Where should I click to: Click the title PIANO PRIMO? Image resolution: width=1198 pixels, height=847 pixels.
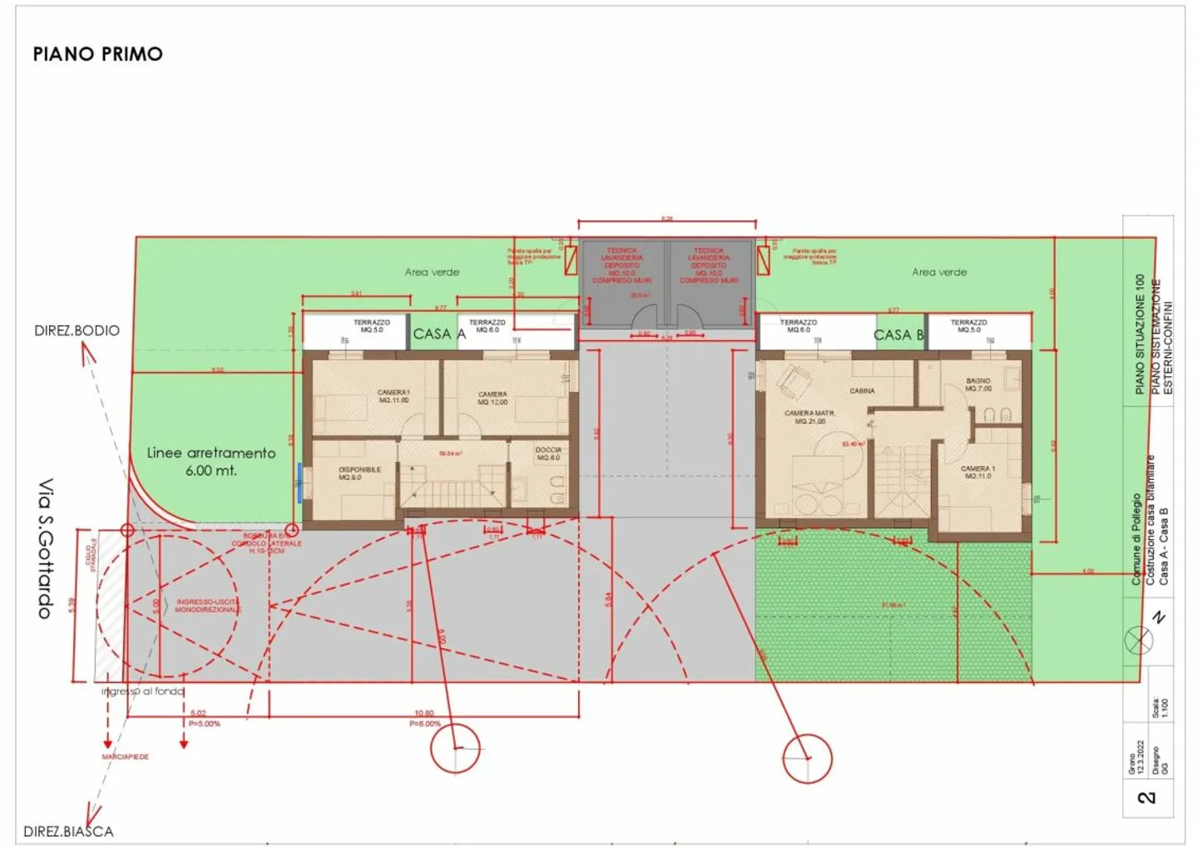click(97, 54)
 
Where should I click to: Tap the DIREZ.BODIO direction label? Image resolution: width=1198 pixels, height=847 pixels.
click(77, 330)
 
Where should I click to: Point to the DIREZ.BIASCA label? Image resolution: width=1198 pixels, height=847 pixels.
click(68, 830)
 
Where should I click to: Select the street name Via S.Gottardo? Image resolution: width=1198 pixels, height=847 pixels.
click(46, 547)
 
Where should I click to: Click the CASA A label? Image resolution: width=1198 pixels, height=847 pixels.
click(438, 334)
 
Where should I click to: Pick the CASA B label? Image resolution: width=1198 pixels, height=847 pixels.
click(898, 334)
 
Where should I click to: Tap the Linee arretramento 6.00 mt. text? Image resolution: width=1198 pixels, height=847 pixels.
click(210, 461)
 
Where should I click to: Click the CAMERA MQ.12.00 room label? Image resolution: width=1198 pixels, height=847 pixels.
click(493, 398)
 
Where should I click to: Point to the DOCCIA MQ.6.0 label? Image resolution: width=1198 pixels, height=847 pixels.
click(548, 453)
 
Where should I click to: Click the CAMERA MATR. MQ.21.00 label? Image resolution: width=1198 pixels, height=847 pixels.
click(809, 417)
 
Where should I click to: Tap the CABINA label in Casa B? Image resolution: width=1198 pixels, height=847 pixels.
click(862, 390)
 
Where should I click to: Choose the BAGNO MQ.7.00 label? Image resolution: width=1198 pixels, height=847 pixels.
click(978, 384)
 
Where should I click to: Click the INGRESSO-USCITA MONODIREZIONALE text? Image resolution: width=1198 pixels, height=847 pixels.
click(207, 605)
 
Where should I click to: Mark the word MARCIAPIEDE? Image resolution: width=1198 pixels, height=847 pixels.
click(126, 756)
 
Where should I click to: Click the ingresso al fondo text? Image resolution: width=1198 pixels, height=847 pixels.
click(142, 691)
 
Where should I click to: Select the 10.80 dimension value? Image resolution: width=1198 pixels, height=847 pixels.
click(423, 713)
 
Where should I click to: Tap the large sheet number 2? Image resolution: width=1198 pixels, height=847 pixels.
click(1146, 797)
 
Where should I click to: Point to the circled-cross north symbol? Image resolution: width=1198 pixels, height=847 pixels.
click(1139, 641)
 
